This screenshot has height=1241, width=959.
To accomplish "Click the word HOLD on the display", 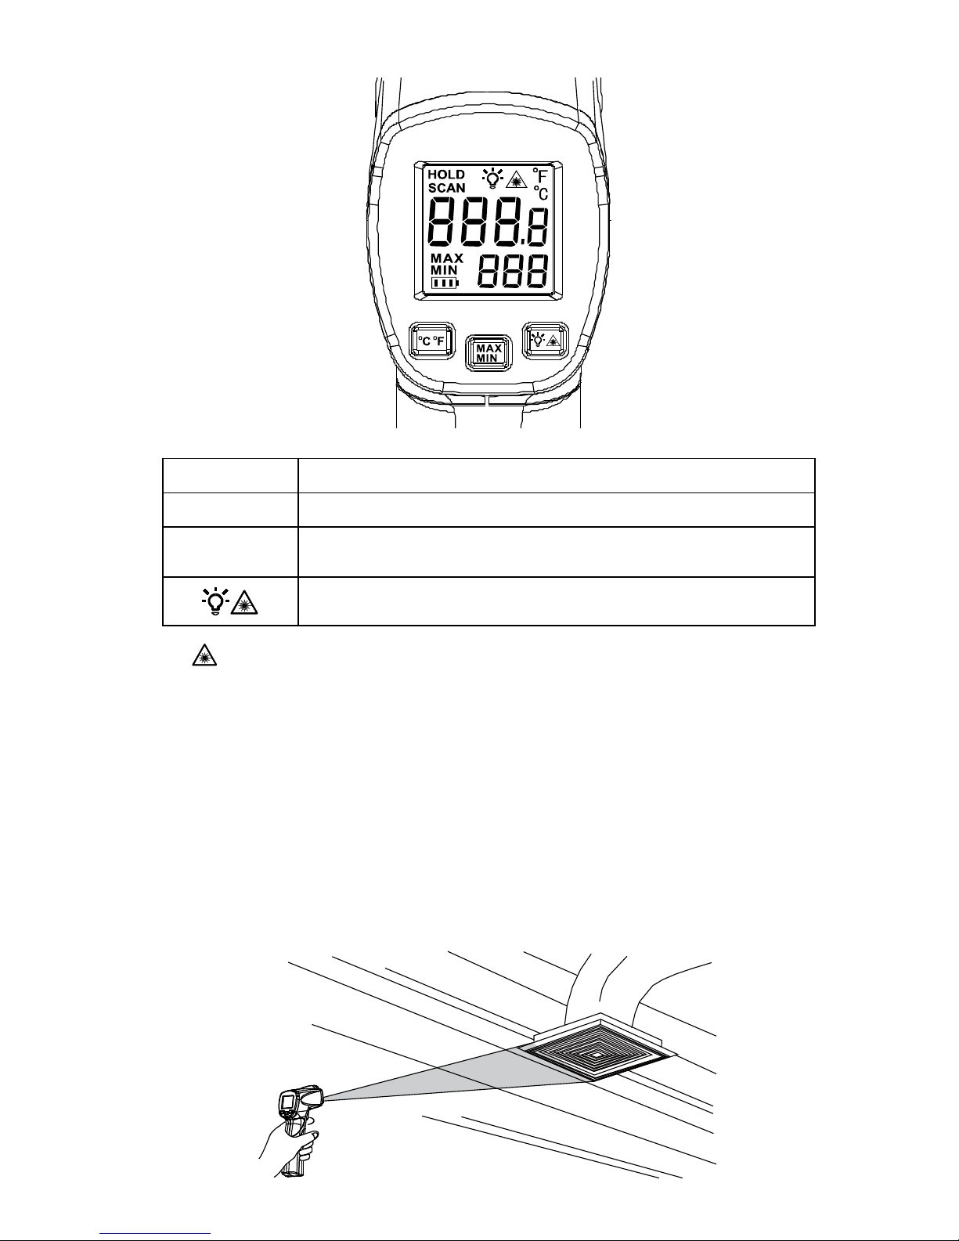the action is coord(445,175).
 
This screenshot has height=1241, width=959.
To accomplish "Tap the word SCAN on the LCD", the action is coord(446,188).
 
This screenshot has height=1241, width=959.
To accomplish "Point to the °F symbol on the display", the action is coord(539,175).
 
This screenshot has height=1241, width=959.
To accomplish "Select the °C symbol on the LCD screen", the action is coord(541,193).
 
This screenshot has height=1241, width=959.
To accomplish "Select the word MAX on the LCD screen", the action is coord(447,258).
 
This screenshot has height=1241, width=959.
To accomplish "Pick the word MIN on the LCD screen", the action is coord(444,270).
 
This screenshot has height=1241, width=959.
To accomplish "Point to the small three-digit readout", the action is coord(513,273).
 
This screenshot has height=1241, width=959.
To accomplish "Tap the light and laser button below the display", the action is coord(546,340).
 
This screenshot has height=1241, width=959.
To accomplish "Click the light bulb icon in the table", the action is coord(214,601).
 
